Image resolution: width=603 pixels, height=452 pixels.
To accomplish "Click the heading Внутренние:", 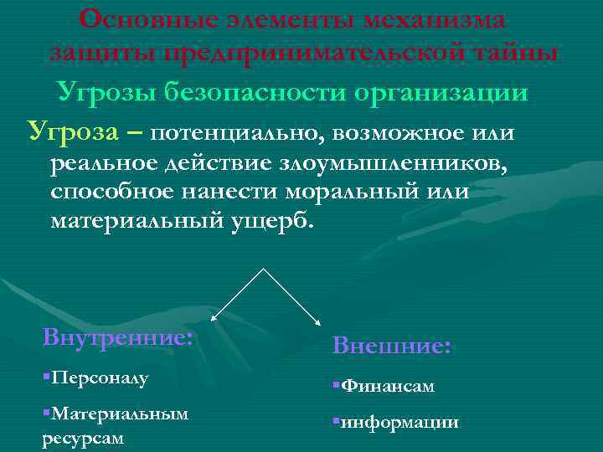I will (117, 340).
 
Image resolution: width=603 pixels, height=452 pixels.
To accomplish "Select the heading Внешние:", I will (392, 344).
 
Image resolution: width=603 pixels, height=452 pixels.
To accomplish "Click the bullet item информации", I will (399, 422).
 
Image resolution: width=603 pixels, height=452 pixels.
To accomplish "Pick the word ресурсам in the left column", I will (83, 438).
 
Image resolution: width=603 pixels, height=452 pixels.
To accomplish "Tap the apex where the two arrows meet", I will (265, 270).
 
